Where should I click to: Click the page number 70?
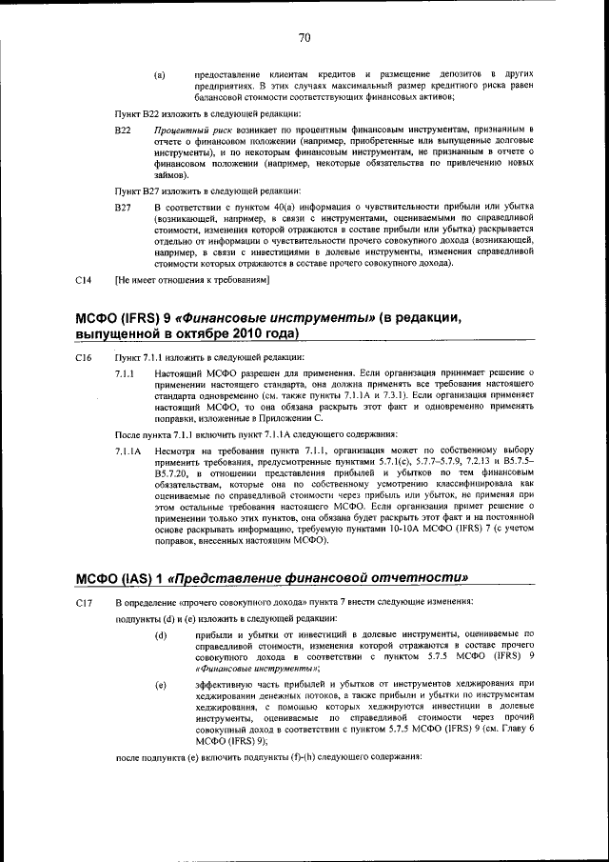(x=304, y=38)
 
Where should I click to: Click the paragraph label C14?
(x=83, y=280)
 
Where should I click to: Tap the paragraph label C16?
(x=83, y=358)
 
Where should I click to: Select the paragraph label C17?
(x=83, y=603)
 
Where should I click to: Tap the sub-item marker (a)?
(x=160, y=73)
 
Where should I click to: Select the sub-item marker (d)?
(x=160, y=635)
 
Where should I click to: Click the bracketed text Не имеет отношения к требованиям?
(x=193, y=280)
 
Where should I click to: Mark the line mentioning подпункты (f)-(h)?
(x=267, y=755)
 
